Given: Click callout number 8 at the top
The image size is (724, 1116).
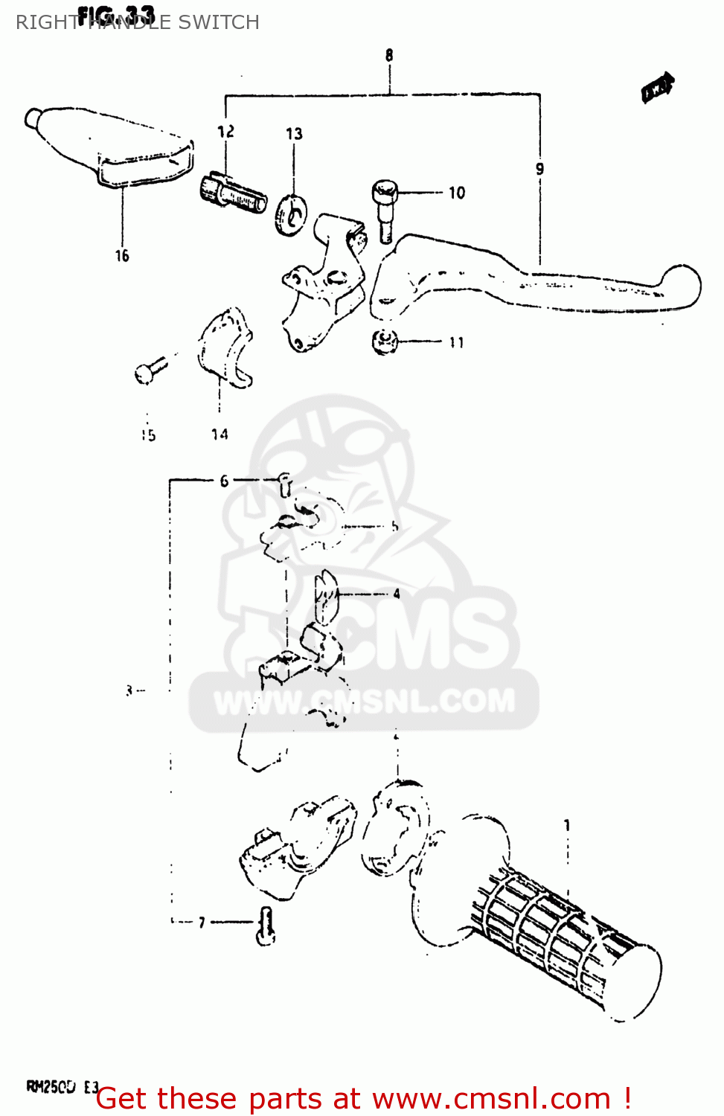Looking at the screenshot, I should pyautogui.click(x=389, y=55).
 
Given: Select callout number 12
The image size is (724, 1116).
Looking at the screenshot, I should pyautogui.click(x=225, y=132).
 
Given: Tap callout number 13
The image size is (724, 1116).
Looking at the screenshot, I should pyautogui.click(x=294, y=134).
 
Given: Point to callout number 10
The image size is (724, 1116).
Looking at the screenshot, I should pyautogui.click(x=456, y=193).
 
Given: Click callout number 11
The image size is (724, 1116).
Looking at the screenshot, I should pyautogui.click(x=456, y=342).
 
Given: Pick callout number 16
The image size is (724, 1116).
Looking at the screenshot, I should pyautogui.click(x=122, y=256).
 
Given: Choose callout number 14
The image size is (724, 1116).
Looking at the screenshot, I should pyautogui.click(x=220, y=434).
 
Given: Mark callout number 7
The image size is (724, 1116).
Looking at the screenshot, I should pyautogui.click(x=202, y=923).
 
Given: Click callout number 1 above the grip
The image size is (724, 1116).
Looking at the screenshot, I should pyautogui.click(x=567, y=825).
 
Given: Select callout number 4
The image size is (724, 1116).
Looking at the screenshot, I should pyautogui.click(x=397, y=594).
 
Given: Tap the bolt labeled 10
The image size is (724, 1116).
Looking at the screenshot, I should pyautogui.click(x=385, y=208).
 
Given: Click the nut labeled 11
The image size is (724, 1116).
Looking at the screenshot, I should pyautogui.click(x=384, y=341).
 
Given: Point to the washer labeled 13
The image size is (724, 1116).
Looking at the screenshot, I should pyautogui.click(x=290, y=214).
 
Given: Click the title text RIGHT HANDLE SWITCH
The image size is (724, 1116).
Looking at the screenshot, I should pyautogui.click(x=138, y=22).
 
